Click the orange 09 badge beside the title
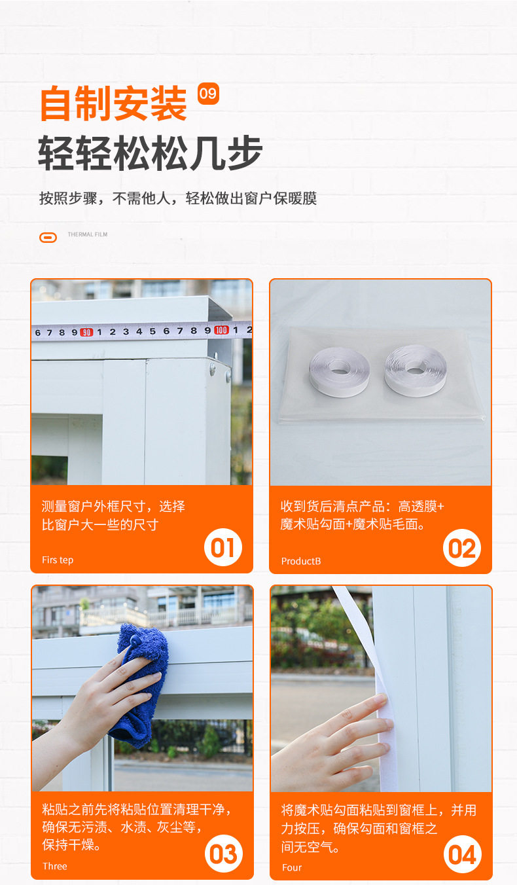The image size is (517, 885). point(208,94)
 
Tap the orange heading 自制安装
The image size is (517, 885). point(113,103)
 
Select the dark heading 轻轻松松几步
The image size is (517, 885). point(150,153)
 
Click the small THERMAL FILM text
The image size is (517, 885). point(87,234)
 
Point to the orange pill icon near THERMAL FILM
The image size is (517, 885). point(48,238)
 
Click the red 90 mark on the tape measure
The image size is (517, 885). point(86,333)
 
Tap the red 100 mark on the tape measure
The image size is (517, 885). point(221,330)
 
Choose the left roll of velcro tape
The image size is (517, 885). point(339,372)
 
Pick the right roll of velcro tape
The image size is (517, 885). point(415,370)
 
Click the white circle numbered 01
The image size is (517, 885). point(223,548)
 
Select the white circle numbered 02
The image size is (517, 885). point(462,548)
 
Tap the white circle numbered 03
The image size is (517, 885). point(224,854)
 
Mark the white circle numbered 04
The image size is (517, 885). point(463,854)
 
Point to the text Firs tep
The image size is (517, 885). point(58,560)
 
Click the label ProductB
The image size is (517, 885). point(301,561)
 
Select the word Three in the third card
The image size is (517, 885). point(55,866)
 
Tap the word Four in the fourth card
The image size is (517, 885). point(292,867)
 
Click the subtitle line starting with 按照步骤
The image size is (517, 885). point(178,198)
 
